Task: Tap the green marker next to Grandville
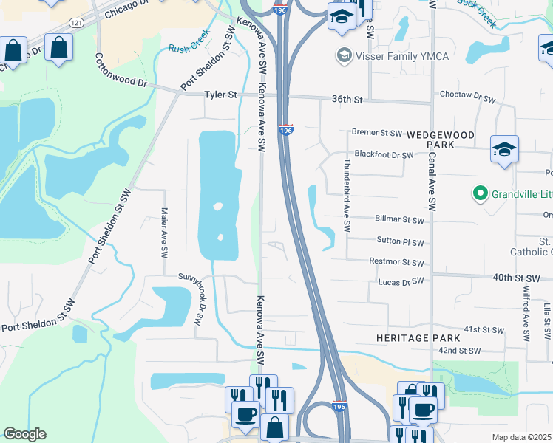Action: click(x=480, y=194)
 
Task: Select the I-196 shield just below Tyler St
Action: click(x=286, y=129)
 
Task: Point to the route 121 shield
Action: click(x=75, y=24)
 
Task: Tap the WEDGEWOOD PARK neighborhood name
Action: click(x=441, y=140)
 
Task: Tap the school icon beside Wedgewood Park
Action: click(x=504, y=148)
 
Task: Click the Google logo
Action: click(x=24, y=434)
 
